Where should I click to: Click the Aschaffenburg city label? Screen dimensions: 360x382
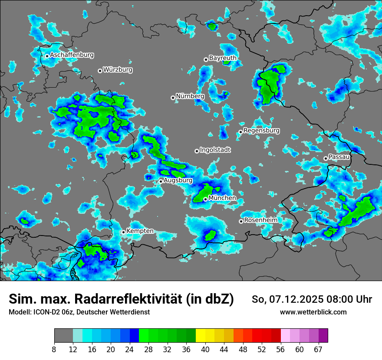(x=72, y=55)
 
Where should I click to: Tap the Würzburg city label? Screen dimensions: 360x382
(x=118, y=70)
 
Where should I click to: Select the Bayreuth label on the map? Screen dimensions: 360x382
(x=223, y=58)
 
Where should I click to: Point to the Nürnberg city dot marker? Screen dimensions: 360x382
(x=173, y=98)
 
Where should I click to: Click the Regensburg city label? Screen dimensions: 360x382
(x=261, y=131)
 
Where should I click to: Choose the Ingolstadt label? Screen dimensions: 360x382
(x=215, y=150)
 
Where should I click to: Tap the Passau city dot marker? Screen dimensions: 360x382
(x=326, y=158)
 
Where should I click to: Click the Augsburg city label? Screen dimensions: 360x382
(x=178, y=180)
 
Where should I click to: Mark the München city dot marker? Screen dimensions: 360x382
(x=205, y=200)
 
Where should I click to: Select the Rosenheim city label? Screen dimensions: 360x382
(x=260, y=220)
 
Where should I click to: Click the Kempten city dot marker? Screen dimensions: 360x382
(x=123, y=232)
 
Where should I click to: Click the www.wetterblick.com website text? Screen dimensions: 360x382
(x=313, y=312)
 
